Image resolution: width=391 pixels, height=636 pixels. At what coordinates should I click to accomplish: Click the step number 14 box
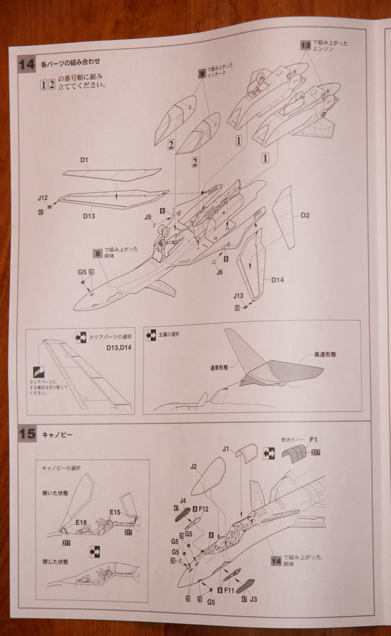tap(26, 65)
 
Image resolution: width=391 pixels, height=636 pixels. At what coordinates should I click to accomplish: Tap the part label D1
tap(84, 160)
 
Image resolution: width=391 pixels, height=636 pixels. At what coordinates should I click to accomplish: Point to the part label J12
tap(43, 198)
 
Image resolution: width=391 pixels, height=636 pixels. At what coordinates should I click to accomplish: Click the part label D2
tap(305, 215)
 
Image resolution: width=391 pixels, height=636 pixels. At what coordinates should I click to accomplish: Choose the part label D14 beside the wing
tap(278, 280)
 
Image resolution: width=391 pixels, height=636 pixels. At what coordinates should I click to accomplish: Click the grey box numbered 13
tap(306, 46)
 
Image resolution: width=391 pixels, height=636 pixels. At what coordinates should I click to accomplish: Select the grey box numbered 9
tap(202, 74)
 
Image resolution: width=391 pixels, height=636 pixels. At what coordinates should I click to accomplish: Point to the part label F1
tap(313, 439)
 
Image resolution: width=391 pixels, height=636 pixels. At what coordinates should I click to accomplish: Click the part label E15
tap(115, 512)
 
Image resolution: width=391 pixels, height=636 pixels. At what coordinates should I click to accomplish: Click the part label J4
tap(182, 500)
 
